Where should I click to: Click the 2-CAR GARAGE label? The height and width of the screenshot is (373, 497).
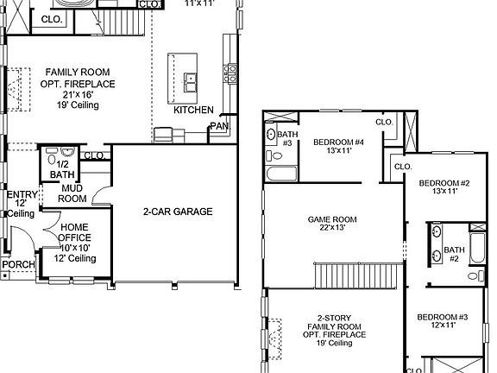[x=178, y=212]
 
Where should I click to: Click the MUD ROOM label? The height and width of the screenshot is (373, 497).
[x=72, y=193]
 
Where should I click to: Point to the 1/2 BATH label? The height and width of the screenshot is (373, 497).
[x=62, y=168]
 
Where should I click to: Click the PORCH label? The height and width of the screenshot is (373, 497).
[x=16, y=264]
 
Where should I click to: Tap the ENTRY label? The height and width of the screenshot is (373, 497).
[x=22, y=195]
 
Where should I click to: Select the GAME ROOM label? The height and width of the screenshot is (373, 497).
[x=331, y=219]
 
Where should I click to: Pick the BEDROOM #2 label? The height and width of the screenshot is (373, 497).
[x=444, y=183]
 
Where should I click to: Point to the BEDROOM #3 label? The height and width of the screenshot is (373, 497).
[x=442, y=317]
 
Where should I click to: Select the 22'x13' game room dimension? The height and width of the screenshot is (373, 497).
[x=331, y=230]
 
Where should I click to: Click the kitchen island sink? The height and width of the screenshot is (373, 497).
[x=190, y=82]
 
